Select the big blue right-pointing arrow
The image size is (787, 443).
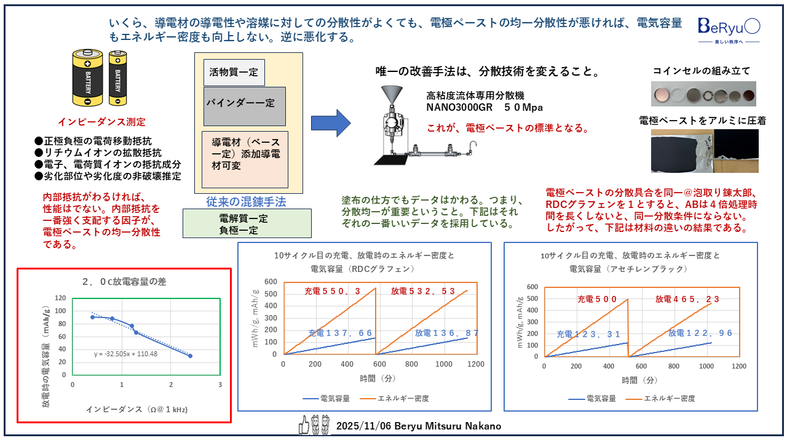[x=330, y=123]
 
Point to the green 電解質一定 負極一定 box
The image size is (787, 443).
[x=247, y=224]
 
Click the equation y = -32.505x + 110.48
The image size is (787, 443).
[x=126, y=354]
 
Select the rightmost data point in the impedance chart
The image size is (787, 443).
[x=190, y=356]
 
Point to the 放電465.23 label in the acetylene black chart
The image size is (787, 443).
[x=687, y=299]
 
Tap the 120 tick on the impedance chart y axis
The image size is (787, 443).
[x=60, y=298]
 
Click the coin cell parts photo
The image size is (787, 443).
[x=703, y=94]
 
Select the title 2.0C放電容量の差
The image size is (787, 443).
[x=124, y=282]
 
